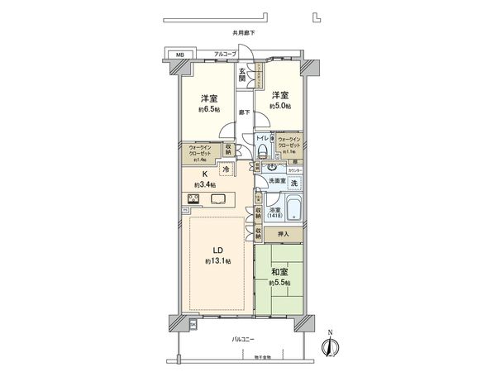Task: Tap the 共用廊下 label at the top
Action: [x=244, y=33]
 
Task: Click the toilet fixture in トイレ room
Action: [x=265, y=151]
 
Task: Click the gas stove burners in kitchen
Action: [x=196, y=198]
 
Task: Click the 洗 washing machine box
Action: [x=293, y=182]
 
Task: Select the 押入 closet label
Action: [x=284, y=235]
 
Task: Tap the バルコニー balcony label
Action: [x=245, y=339]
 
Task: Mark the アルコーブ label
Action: [x=225, y=54]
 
